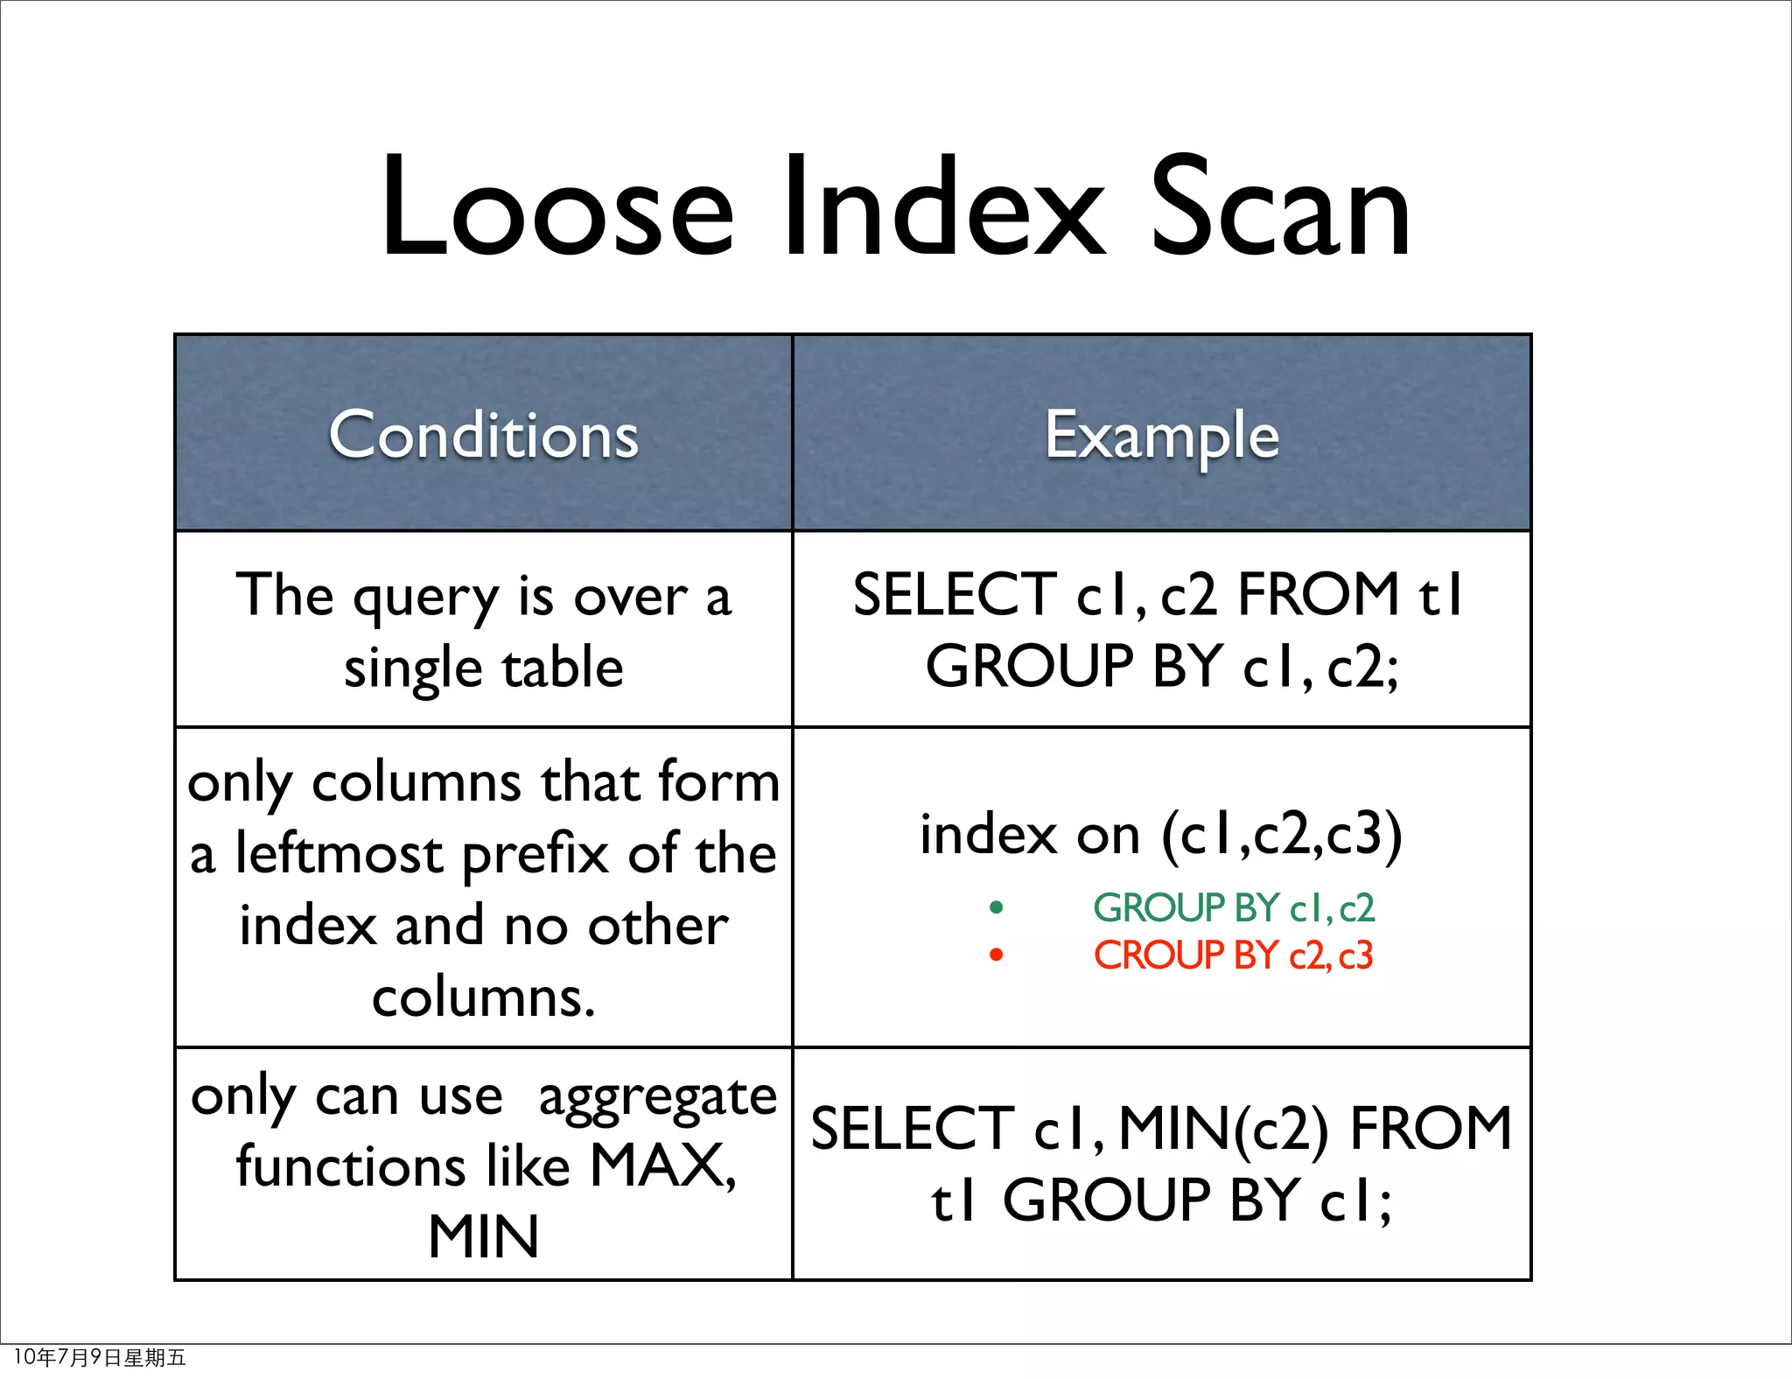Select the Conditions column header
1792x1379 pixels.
click(484, 435)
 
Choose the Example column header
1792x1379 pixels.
click(1162, 435)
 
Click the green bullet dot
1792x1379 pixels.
click(996, 907)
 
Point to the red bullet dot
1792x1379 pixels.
click(996, 955)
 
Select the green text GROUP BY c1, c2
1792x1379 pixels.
click(1234, 907)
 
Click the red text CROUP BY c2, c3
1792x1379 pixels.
click(1234, 955)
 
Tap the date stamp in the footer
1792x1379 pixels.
click(100, 1357)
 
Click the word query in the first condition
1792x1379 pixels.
click(426, 599)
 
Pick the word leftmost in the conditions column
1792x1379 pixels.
click(339, 854)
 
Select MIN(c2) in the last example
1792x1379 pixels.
click(1223, 1129)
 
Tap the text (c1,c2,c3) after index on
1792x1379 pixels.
click(1281, 834)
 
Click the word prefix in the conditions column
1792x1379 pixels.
click(535, 856)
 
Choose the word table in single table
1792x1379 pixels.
click(563, 668)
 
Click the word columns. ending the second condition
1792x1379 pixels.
click(484, 997)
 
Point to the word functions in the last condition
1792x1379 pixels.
click(350, 1166)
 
